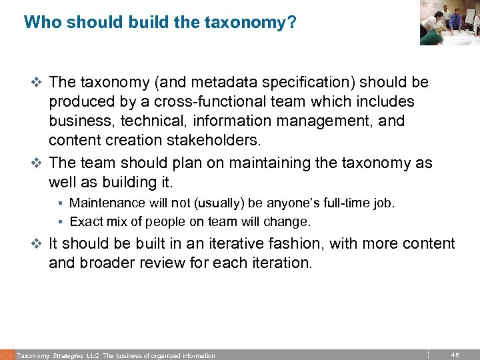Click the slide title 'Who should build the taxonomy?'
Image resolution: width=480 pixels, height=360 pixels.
pyautogui.click(x=160, y=23)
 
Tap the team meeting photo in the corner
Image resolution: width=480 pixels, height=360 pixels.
pyautogui.click(x=449, y=23)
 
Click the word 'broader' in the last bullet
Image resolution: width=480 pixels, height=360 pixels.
pyautogui.click(x=101, y=263)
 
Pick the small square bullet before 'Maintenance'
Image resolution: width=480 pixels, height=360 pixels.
pyautogui.click(x=60, y=203)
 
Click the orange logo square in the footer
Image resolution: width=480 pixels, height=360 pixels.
pyautogui.click(x=7, y=355)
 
